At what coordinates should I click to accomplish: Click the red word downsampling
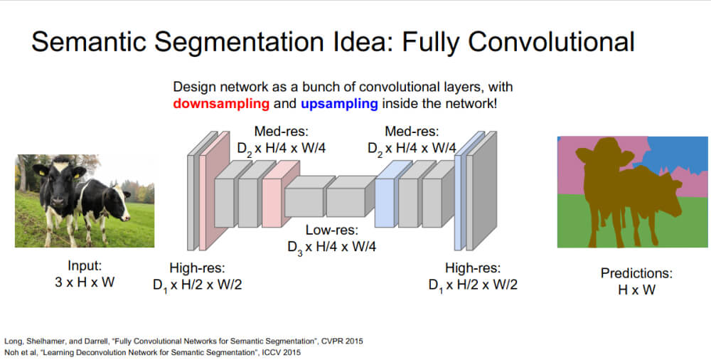click(x=220, y=104)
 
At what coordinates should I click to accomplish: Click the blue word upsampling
click(x=338, y=104)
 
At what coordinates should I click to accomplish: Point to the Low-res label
click(x=332, y=231)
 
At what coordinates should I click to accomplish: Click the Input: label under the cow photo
click(x=85, y=266)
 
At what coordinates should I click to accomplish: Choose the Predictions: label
click(x=636, y=273)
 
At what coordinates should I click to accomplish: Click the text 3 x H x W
click(x=85, y=282)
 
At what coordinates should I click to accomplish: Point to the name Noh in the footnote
click(x=14, y=351)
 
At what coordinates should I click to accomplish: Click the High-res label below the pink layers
click(x=197, y=268)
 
